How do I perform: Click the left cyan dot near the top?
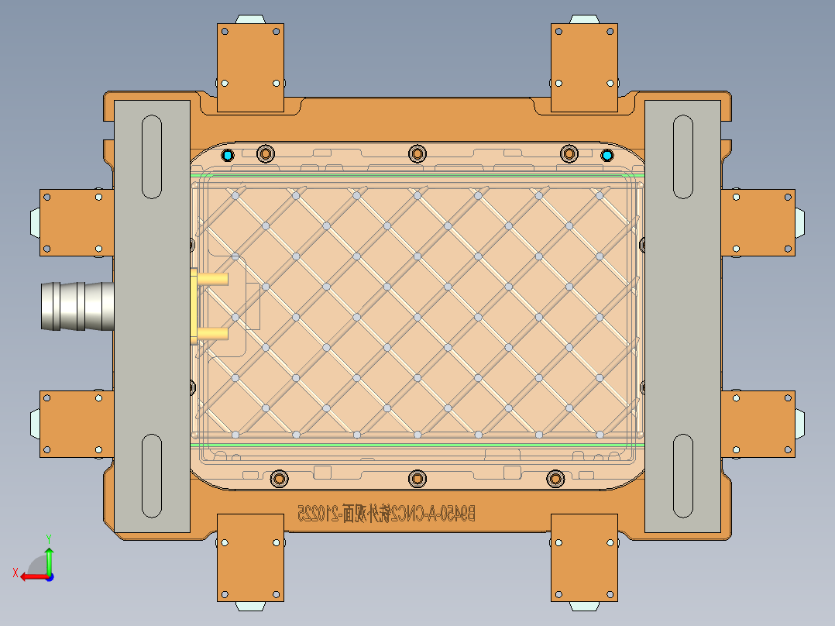coord(227,155)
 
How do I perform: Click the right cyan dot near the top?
coord(607,155)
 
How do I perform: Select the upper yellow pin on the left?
coord(212,277)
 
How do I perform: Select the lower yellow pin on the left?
coord(212,335)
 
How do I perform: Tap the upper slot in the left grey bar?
coord(152,157)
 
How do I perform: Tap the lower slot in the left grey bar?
coord(152,476)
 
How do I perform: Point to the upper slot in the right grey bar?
coord(682,157)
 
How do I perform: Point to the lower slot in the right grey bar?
coord(682,476)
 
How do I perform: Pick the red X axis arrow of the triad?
coord(31,576)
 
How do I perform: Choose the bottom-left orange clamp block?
coord(250,557)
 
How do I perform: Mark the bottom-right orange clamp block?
coord(585,557)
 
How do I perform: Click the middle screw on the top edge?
coord(417,154)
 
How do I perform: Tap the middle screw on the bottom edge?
coord(417,478)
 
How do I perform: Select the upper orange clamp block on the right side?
coord(758,222)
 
